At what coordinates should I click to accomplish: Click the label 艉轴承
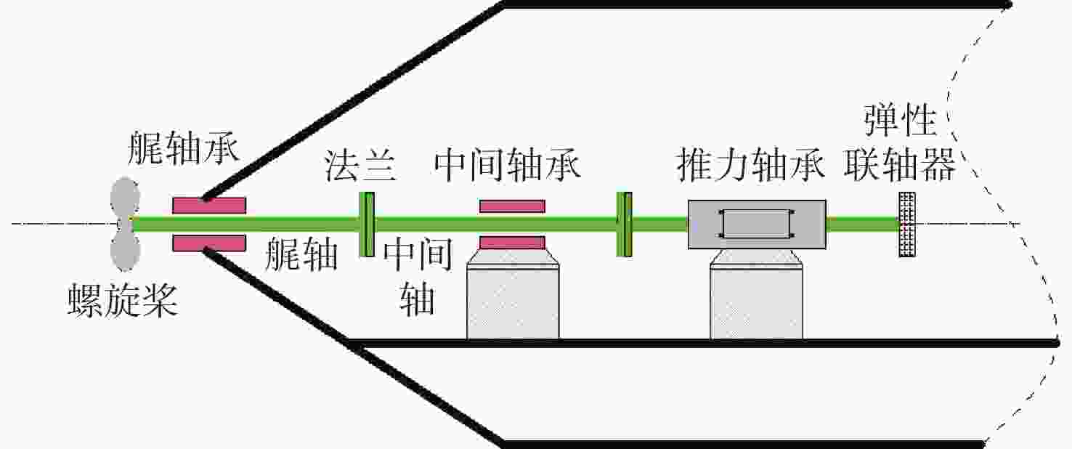(x=184, y=147)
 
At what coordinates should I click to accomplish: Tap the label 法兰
(x=360, y=165)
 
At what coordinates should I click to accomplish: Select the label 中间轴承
(x=507, y=165)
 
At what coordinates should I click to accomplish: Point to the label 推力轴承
(x=751, y=165)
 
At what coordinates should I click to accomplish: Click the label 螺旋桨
(x=123, y=300)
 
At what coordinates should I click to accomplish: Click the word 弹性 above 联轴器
(x=900, y=120)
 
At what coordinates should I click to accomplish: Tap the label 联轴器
(x=900, y=165)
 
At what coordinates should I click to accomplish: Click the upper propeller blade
(x=125, y=197)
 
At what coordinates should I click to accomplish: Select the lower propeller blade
(x=125, y=251)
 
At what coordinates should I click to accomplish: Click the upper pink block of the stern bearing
(x=209, y=206)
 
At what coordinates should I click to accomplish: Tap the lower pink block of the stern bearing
(x=209, y=243)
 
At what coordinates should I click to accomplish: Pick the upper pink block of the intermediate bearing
(x=512, y=206)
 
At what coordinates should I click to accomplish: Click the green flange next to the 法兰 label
(x=367, y=224)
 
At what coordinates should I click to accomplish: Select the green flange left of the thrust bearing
(x=624, y=224)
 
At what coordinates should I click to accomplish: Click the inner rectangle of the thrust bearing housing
(x=756, y=224)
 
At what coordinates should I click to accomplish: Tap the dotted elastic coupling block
(x=907, y=224)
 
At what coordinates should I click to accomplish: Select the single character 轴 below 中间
(x=418, y=299)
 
